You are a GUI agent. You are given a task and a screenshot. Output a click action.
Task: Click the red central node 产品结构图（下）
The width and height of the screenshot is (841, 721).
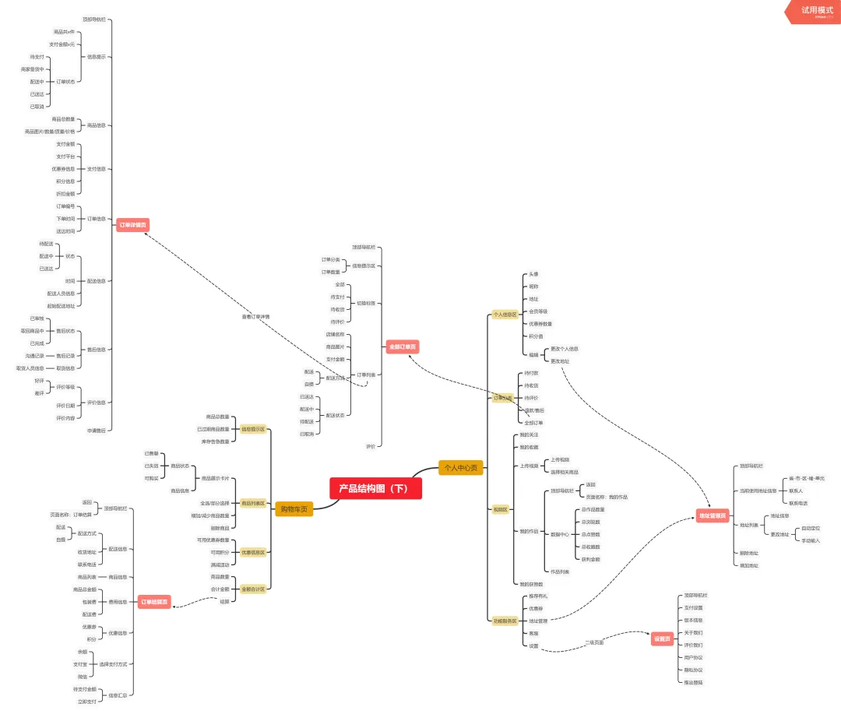[375, 488]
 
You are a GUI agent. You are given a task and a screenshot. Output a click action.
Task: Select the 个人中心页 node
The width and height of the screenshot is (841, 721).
[461, 468]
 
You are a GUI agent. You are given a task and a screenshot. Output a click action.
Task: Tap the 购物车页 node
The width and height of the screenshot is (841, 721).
[294, 509]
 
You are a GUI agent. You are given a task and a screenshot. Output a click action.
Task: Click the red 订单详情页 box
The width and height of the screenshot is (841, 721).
[132, 225]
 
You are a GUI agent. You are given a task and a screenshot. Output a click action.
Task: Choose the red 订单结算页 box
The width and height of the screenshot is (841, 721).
[154, 602]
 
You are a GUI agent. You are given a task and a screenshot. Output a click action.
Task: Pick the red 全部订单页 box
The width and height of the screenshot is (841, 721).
[403, 346]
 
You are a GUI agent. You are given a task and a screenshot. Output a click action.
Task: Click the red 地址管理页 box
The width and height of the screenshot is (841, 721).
[712, 515]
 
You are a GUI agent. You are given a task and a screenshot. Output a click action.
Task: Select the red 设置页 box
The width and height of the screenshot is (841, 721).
[662, 639]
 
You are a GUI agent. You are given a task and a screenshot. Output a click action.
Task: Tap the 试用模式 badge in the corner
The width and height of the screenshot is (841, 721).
[817, 11]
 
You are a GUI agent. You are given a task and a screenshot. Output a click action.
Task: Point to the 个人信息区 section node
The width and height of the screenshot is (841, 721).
[505, 315]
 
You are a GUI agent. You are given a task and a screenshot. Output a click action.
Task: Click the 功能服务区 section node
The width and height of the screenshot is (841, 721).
[505, 621]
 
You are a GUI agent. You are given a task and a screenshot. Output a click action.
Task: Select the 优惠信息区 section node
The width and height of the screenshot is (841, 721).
[253, 552]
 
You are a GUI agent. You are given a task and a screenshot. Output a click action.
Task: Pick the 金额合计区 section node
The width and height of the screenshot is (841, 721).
[253, 589]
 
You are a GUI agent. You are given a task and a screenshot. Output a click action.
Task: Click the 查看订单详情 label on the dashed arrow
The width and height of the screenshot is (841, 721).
[255, 317]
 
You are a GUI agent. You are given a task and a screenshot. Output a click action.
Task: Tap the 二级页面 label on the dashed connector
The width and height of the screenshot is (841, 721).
[594, 642]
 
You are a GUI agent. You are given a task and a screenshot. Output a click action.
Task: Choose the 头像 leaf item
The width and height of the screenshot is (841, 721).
[533, 274]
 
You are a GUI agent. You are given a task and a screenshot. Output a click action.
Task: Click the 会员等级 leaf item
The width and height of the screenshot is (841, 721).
[538, 311]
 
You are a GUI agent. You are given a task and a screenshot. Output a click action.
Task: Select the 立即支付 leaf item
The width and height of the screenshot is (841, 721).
[87, 702]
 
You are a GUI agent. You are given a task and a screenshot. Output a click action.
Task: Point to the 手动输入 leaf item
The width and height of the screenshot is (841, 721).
[811, 540]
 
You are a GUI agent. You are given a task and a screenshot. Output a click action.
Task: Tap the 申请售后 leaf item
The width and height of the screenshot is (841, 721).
[97, 430]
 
